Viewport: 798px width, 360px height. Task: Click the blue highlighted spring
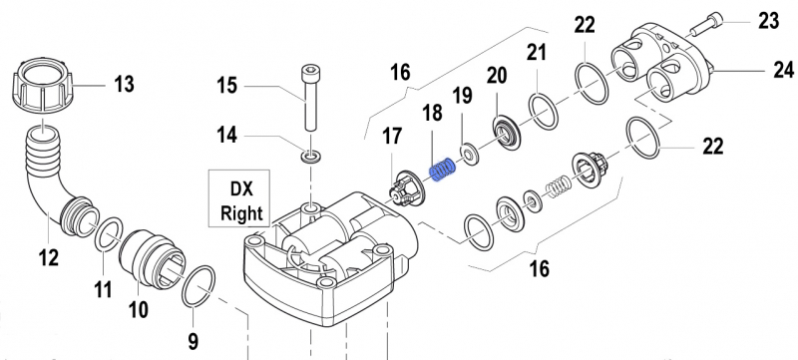443,169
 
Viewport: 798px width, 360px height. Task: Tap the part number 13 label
124,84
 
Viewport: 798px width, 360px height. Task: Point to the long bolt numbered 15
309,97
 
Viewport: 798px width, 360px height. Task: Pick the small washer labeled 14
310,157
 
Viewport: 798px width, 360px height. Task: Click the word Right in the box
241,213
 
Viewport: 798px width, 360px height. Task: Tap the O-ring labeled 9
199,286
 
